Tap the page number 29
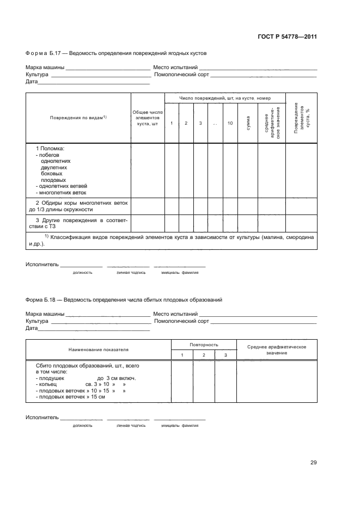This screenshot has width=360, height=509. click(314, 463)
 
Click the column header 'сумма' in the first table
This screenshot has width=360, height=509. click(248, 124)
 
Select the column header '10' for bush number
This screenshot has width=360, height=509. click(230, 124)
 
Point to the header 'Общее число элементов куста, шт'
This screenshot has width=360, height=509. click(148, 118)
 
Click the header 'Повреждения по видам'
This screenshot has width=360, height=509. click(78, 118)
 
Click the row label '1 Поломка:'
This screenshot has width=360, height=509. click(50, 149)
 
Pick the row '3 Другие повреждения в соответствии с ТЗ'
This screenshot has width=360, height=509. click(78, 223)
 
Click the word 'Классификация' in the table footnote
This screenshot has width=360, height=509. click(74, 237)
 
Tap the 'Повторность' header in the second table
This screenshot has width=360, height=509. click(204, 345)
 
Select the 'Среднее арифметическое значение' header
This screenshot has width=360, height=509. click(277, 350)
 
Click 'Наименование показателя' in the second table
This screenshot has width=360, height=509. click(99, 349)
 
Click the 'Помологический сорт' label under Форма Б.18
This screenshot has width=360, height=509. click(181, 321)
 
